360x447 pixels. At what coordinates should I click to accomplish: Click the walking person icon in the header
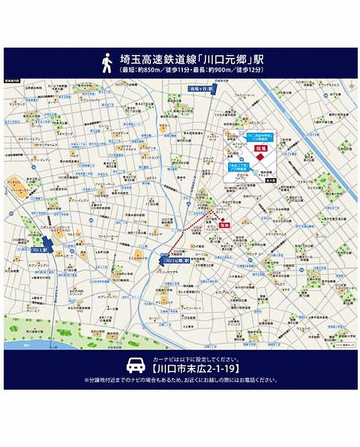tap(107, 63)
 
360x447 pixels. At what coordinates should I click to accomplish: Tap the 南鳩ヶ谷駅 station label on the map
tap(201, 89)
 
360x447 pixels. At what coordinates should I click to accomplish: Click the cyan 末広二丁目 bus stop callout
tap(239, 167)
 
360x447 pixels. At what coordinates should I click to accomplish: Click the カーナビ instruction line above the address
tap(180, 358)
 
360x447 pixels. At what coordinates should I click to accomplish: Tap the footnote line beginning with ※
tap(180, 381)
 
